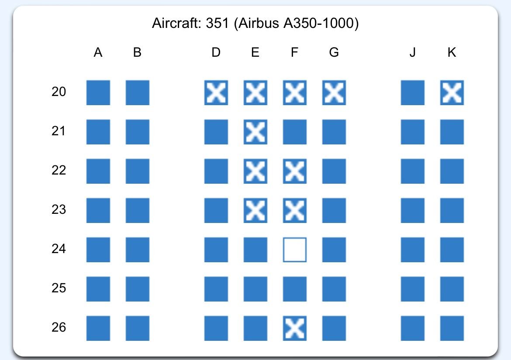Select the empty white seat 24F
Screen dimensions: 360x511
pos(295,250)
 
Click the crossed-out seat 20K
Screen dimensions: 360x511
pos(452,93)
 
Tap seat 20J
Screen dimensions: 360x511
pos(413,93)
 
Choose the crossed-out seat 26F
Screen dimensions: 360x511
pos(295,328)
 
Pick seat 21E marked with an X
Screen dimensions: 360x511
pos(255,132)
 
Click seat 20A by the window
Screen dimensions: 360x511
pos(98,93)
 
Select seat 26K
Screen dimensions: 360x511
pos(452,328)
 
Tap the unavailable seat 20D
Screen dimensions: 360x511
pos(216,93)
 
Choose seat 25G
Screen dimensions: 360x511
pos(334,289)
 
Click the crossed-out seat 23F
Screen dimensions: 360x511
pos(295,210)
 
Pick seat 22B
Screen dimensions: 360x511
pos(138,171)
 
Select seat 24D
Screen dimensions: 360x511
pos(216,250)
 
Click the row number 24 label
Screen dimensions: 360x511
pos(59,249)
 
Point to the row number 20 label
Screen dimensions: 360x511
pos(59,92)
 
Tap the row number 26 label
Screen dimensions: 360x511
pos(59,327)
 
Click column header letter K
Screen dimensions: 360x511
pos(452,53)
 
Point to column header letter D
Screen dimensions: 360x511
pos(216,53)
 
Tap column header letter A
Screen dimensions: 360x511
pos(98,53)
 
